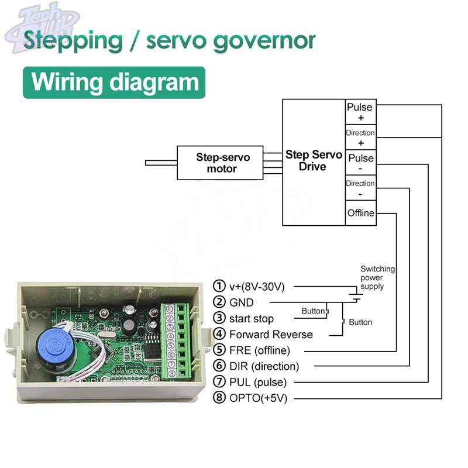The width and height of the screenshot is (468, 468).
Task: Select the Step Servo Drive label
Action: click(x=314, y=161)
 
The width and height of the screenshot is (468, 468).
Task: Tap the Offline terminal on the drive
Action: click(x=360, y=213)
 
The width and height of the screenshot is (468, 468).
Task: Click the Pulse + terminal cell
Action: click(x=360, y=112)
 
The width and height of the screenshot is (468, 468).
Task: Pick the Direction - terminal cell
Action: click(x=360, y=188)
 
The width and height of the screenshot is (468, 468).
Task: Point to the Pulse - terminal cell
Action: click(x=360, y=163)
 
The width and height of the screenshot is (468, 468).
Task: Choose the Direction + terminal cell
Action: click(x=360, y=137)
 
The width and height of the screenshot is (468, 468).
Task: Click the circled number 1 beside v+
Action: click(x=219, y=287)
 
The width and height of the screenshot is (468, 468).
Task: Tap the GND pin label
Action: click(x=242, y=302)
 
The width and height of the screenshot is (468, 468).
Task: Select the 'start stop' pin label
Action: click(x=251, y=319)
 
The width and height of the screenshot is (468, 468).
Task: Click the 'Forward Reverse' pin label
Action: click(x=271, y=335)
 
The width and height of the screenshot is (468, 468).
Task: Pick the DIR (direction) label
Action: click(x=264, y=367)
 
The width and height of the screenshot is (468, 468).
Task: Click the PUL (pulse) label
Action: click(x=258, y=383)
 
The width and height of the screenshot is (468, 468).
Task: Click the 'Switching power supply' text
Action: click(x=377, y=278)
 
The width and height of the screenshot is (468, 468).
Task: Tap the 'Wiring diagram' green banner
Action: click(x=115, y=82)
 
